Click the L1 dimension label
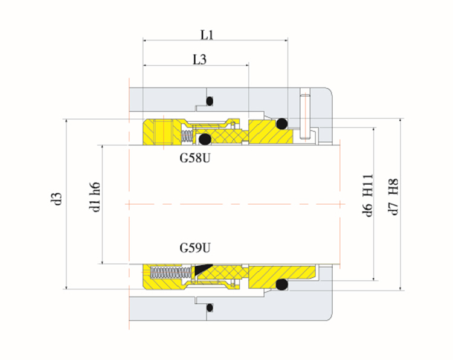(207, 35)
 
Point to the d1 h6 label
(95, 199)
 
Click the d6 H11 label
(368, 196)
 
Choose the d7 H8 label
(393, 196)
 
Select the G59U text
(194, 247)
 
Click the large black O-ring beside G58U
(205, 140)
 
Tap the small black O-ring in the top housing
(210, 100)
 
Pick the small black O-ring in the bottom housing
(209, 307)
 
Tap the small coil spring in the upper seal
(188, 134)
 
